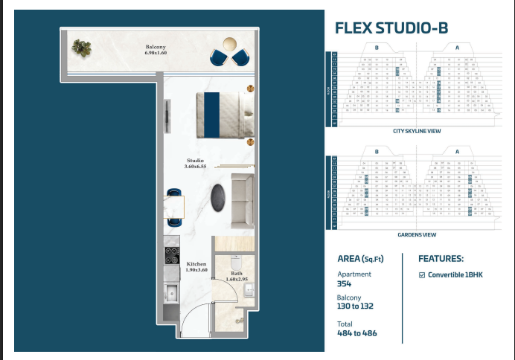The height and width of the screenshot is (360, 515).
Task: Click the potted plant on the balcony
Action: coord(80,49)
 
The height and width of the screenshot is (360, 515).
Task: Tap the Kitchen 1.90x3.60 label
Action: coord(196,267)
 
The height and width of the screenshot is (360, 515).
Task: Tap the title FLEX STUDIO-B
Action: coord(391,28)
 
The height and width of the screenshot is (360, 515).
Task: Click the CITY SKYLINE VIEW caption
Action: coord(417,131)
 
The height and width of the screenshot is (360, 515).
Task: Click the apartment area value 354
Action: coord(344,284)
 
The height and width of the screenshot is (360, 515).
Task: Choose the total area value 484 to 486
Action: coord(357,333)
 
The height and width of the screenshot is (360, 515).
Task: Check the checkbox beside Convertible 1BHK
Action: coord(422,274)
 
